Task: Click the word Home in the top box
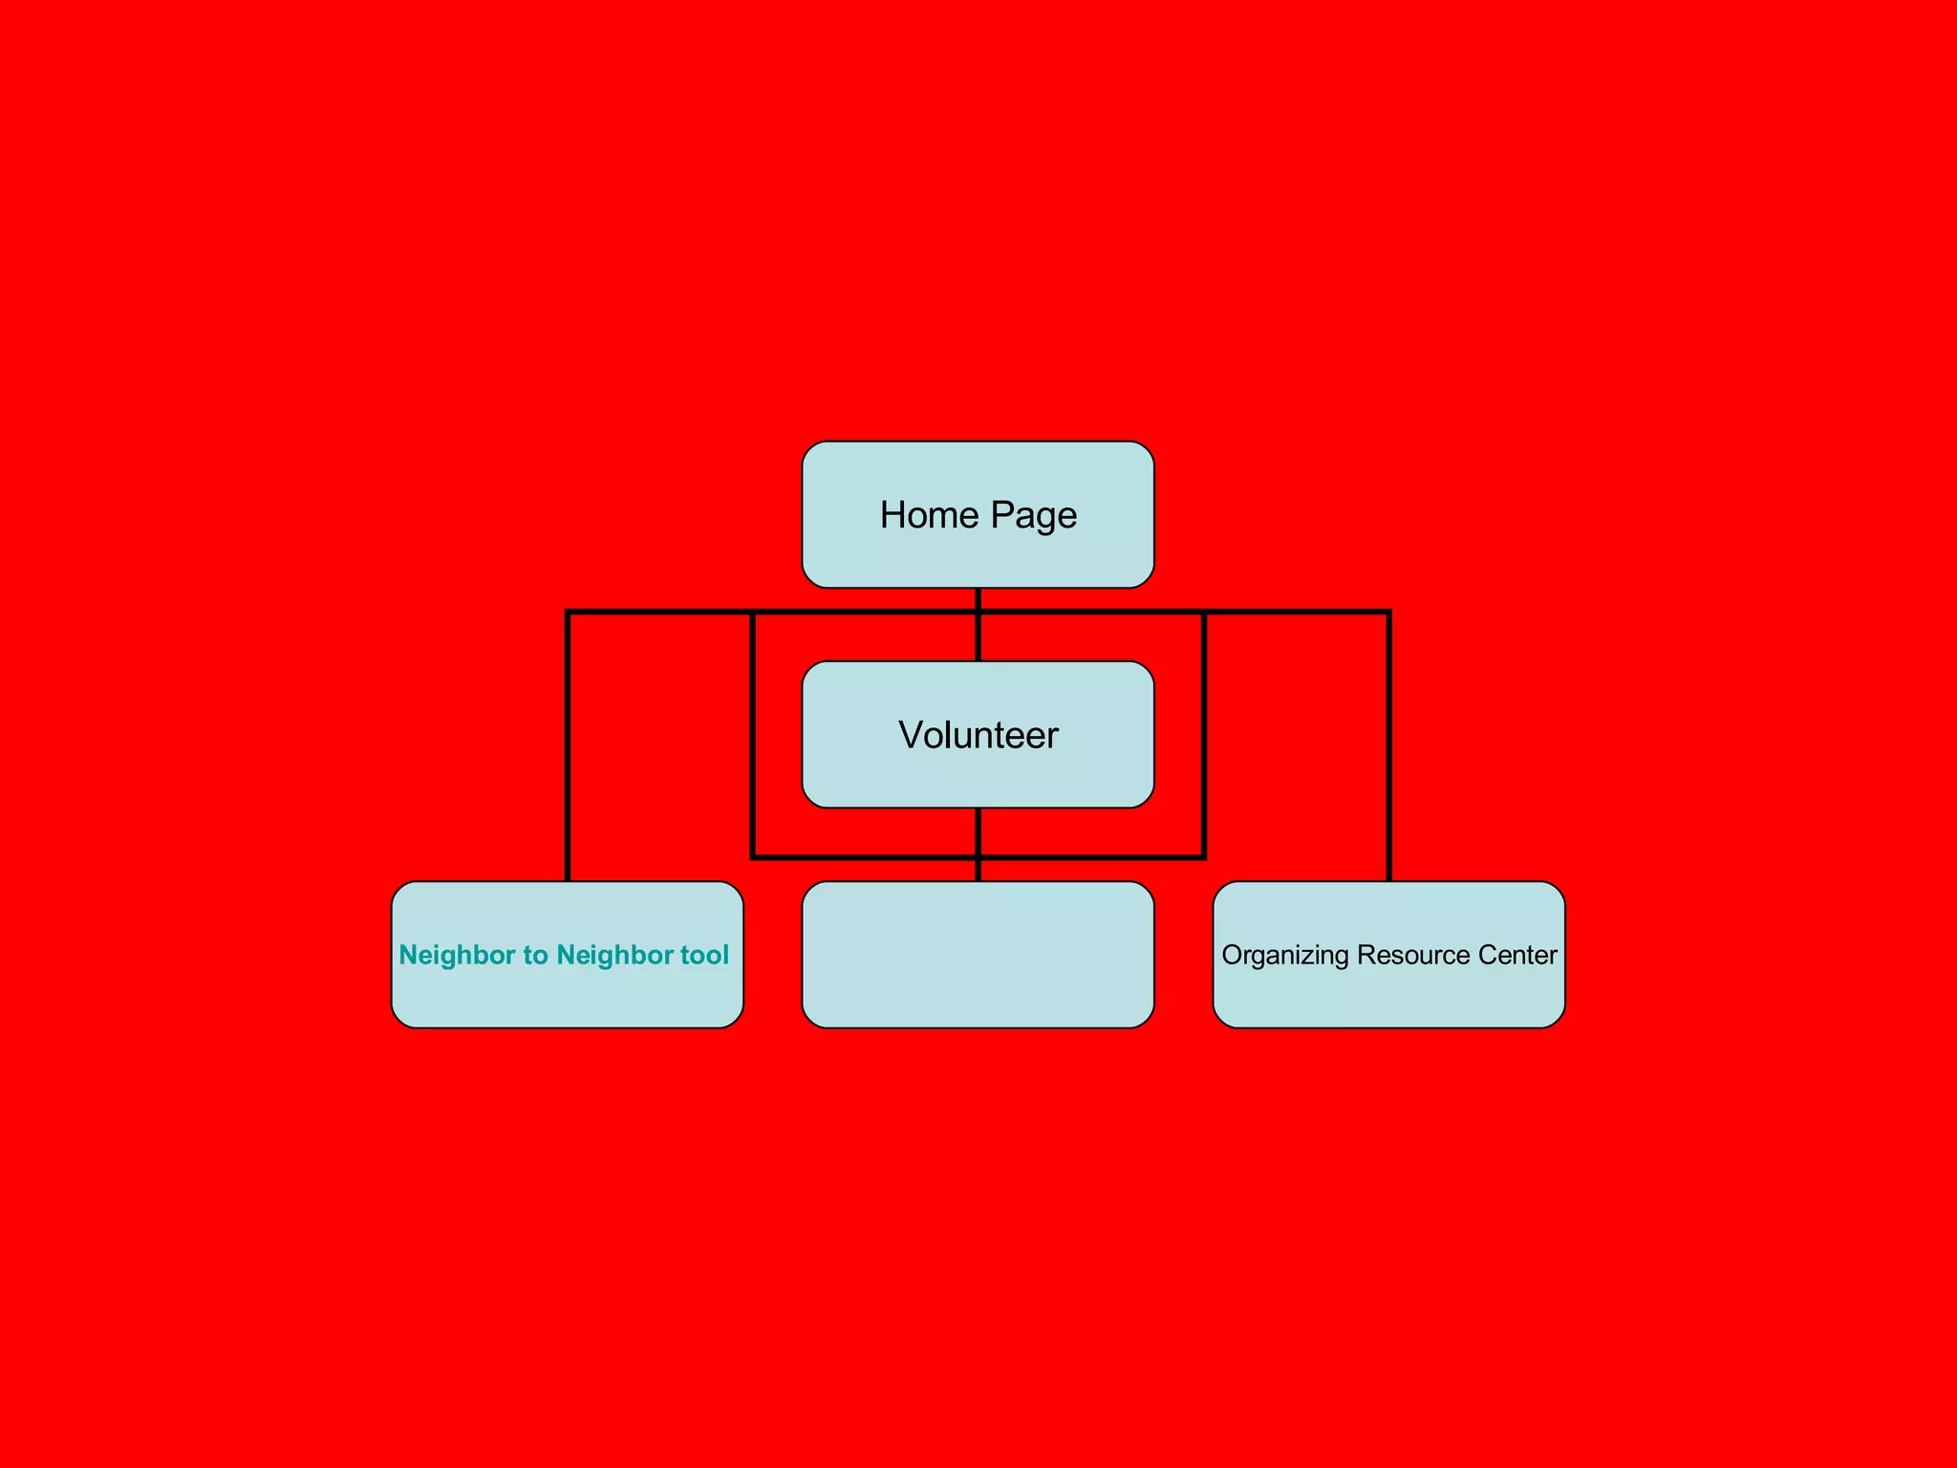[x=929, y=515]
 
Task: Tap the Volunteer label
[x=978, y=735]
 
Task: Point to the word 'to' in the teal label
[x=535, y=955]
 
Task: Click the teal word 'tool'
[x=704, y=955]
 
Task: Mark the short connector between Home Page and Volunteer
[x=978, y=636]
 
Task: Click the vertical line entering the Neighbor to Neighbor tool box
[x=569, y=765]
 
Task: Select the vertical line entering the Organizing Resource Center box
[x=1388, y=765]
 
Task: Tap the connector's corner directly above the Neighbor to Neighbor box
[x=569, y=613]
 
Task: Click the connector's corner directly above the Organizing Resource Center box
[x=1388, y=613]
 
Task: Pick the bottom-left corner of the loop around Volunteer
[x=754, y=857]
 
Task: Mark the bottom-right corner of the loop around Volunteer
[x=1204, y=857]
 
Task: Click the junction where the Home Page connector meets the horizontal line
[x=978, y=612]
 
